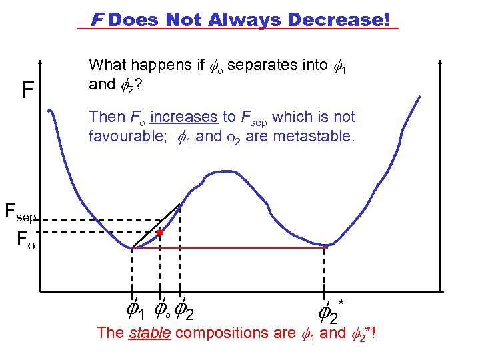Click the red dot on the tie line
160,233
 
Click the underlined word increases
184,117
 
